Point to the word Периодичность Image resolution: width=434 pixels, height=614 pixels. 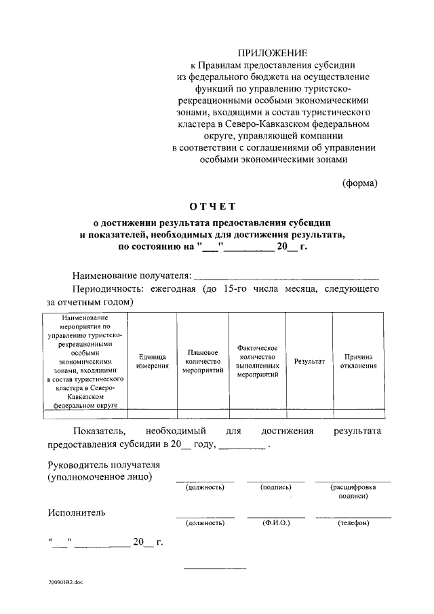110,289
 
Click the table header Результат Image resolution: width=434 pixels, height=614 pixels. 309,361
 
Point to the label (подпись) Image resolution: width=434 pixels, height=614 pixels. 275,487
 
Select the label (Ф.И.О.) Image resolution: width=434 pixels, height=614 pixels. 275,523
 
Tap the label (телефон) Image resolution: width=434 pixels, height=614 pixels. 353,523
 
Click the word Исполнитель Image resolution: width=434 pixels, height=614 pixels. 77,512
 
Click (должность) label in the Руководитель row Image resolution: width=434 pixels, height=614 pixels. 205,487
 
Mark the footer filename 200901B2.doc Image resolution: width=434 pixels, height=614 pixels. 65,582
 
